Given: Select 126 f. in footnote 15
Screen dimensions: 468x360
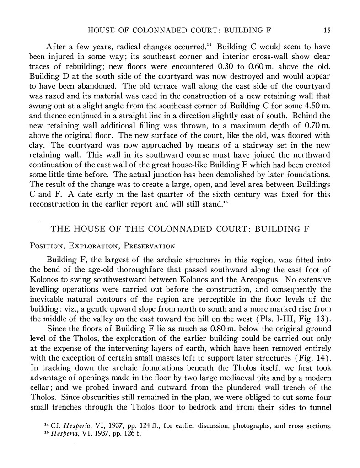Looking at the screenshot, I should coord(130,435).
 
